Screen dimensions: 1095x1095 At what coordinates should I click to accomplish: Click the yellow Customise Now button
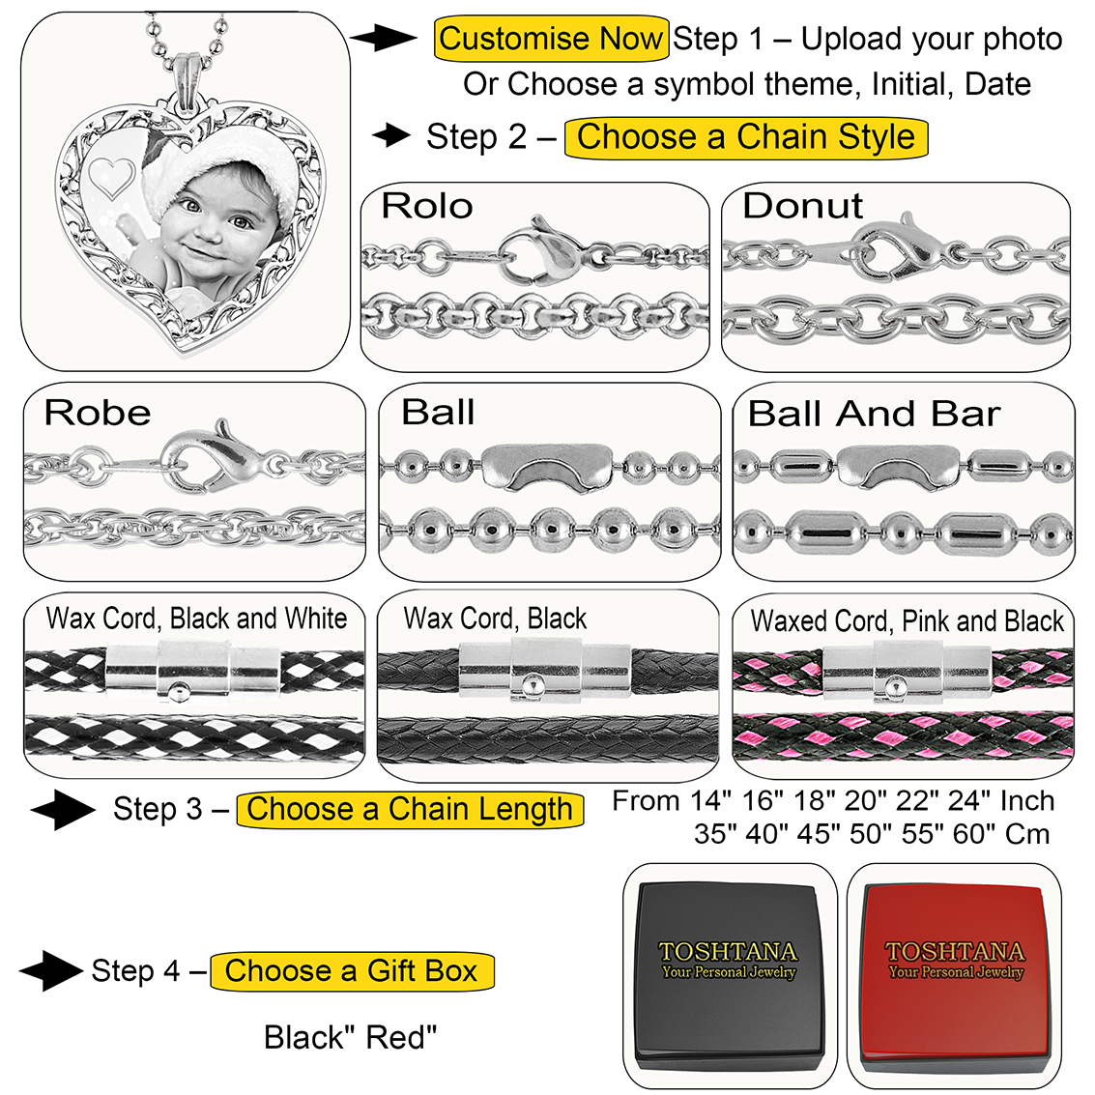coord(551,40)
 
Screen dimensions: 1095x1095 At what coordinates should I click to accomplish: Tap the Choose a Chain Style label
coord(745,136)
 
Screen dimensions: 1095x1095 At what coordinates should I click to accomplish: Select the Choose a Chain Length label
coord(410,809)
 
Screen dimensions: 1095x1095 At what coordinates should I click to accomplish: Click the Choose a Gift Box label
coord(352,970)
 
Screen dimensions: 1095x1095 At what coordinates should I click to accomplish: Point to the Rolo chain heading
coord(426,206)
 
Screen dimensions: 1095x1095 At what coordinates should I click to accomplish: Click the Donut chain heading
coord(802,206)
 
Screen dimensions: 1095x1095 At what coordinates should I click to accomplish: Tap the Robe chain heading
coord(98,413)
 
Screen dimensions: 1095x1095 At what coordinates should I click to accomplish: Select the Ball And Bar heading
coord(874,414)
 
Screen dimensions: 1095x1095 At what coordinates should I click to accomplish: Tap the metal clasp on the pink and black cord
coord(906,671)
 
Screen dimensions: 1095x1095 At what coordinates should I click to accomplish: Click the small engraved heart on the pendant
coord(112,178)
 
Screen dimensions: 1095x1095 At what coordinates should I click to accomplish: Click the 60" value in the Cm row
coord(973,834)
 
